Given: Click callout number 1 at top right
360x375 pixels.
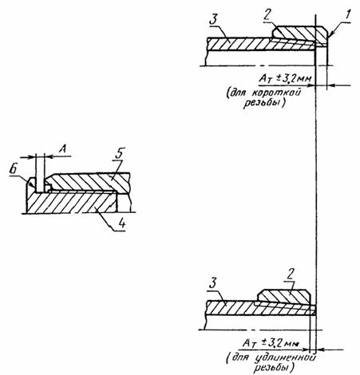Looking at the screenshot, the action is coord(348,15).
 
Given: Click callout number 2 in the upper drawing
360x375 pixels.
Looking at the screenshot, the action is coord(267,15).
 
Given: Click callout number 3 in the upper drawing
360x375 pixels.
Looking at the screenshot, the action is coord(214,21).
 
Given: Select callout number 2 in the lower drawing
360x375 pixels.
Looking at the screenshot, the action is coord(290,274).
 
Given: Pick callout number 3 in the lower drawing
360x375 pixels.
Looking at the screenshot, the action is coord(213,283).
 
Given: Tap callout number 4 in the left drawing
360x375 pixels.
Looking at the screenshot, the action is coord(121,223).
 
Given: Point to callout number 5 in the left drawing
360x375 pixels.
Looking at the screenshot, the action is coord(120,153).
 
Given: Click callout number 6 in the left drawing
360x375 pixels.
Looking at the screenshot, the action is coord(13,169).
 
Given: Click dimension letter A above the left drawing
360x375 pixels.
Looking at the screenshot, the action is coord(62,149).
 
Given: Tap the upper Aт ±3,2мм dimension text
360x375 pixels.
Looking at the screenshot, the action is coord(285,79).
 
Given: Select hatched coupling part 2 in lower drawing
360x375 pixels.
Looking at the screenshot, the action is coord(284,297).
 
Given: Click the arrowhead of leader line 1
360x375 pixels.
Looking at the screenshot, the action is coord(330,34).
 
